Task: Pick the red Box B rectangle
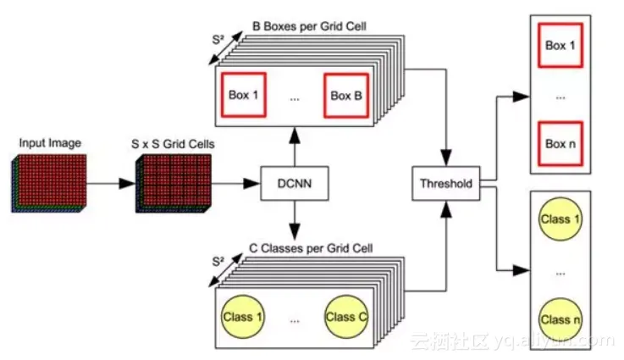point(346,96)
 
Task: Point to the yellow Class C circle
point(345,317)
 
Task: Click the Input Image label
point(50,143)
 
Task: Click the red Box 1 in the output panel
point(560,46)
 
